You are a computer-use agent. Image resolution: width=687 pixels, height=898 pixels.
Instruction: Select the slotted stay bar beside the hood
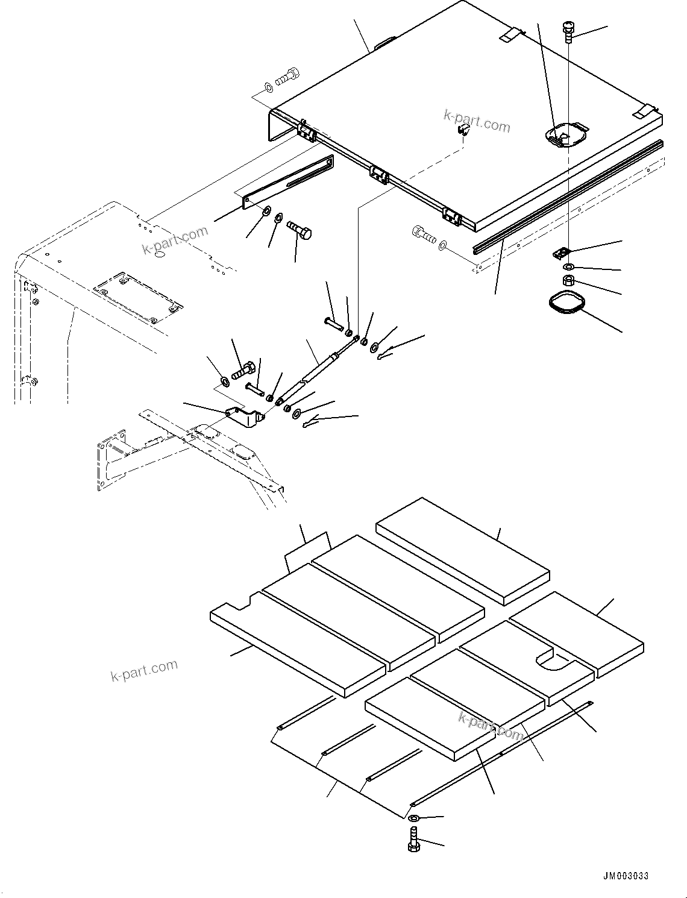288,182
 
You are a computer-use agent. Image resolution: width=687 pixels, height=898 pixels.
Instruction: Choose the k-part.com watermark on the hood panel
477,121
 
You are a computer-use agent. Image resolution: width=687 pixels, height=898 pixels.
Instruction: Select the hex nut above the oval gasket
568,280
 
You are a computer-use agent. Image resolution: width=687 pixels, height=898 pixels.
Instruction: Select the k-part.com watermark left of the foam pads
144,670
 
